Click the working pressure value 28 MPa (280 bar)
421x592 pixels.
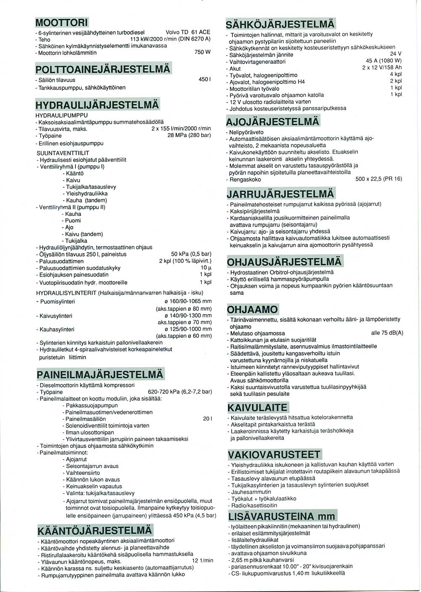pyautogui.click(x=189, y=136)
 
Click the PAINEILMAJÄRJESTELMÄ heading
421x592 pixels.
pyautogui.click(x=100, y=374)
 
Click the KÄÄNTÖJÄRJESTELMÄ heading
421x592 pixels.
pyautogui.click(x=95, y=530)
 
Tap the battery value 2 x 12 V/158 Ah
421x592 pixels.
pyautogui.click(x=382, y=68)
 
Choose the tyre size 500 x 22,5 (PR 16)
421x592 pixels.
pyautogui.click(x=378, y=179)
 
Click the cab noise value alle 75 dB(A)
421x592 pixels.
pyautogui.click(x=387, y=333)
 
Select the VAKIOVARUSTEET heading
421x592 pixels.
pyautogui.click(x=274, y=455)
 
